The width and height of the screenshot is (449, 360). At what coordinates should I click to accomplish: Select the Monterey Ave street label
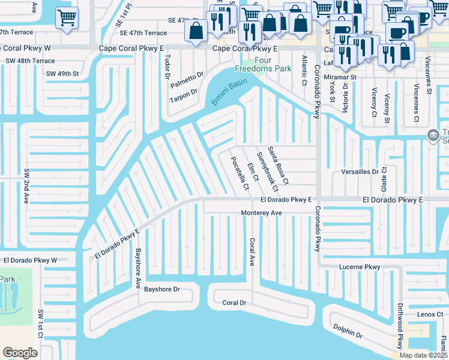pos(261,213)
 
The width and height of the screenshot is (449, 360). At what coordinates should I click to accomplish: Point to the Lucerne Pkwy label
pos(360,267)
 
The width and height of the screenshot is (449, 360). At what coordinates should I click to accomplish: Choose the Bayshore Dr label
pos(161,289)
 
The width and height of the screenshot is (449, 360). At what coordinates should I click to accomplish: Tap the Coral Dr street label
pos(235,303)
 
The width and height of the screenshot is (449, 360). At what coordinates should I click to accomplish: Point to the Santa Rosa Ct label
pos(279,165)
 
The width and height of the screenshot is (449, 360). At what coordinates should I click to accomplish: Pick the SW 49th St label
pos(62,73)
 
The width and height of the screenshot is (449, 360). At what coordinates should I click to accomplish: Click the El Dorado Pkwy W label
pos(29,260)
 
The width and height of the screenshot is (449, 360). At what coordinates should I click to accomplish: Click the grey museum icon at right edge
pos(432,136)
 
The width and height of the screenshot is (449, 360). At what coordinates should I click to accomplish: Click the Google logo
pos(20,353)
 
